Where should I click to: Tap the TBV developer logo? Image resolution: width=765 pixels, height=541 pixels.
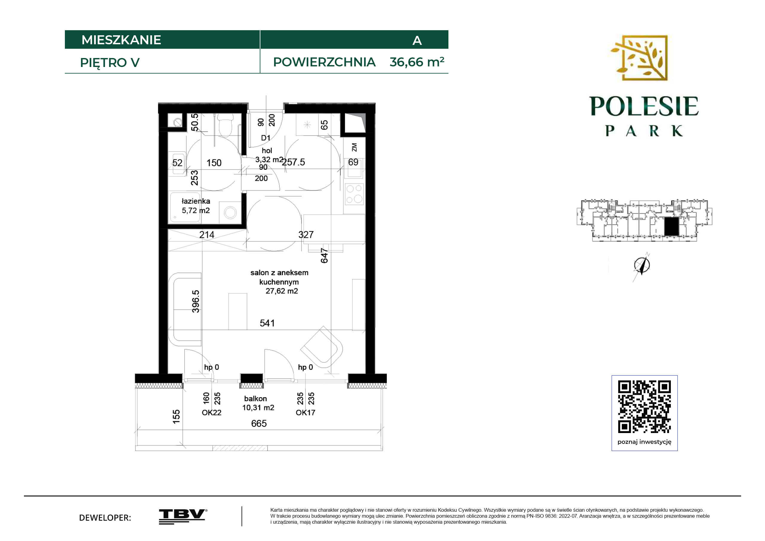tap(183, 517)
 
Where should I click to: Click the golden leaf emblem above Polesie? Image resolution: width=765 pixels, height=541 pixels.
tap(639, 58)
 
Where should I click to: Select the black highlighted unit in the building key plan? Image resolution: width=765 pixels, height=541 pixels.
tap(671, 227)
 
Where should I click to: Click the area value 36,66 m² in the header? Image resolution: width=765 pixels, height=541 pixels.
tap(417, 62)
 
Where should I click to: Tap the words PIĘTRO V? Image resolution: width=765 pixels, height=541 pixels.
tap(110, 63)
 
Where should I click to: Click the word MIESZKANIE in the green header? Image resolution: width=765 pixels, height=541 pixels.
tap(121, 40)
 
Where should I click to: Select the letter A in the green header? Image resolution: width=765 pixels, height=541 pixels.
tap(417, 41)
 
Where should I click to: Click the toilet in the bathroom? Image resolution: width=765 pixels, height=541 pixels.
tap(225, 125)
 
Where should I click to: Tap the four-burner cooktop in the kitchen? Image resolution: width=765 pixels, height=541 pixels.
tap(354, 194)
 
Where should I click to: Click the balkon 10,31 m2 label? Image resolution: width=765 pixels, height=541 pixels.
tap(258, 403)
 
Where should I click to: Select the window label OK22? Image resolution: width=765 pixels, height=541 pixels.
tap(212, 412)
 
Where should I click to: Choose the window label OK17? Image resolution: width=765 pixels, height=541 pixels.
tap(306, 412)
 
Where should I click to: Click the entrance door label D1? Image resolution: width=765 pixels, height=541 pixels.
tap(265, 138)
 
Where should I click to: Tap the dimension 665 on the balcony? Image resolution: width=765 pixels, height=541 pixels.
tap(259, 423)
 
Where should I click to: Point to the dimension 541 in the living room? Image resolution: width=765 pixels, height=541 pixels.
tap(267, 323)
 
